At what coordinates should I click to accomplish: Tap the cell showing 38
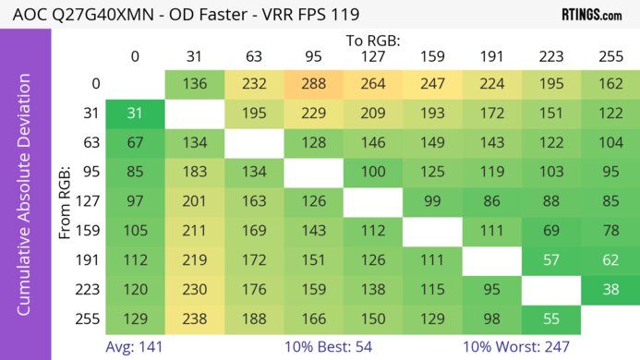click(x=609, y=288)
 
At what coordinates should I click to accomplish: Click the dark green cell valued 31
click(x=135, y=113)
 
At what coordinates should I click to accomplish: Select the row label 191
click(x=89, y=259)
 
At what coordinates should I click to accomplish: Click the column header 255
click(x=609, y=56)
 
